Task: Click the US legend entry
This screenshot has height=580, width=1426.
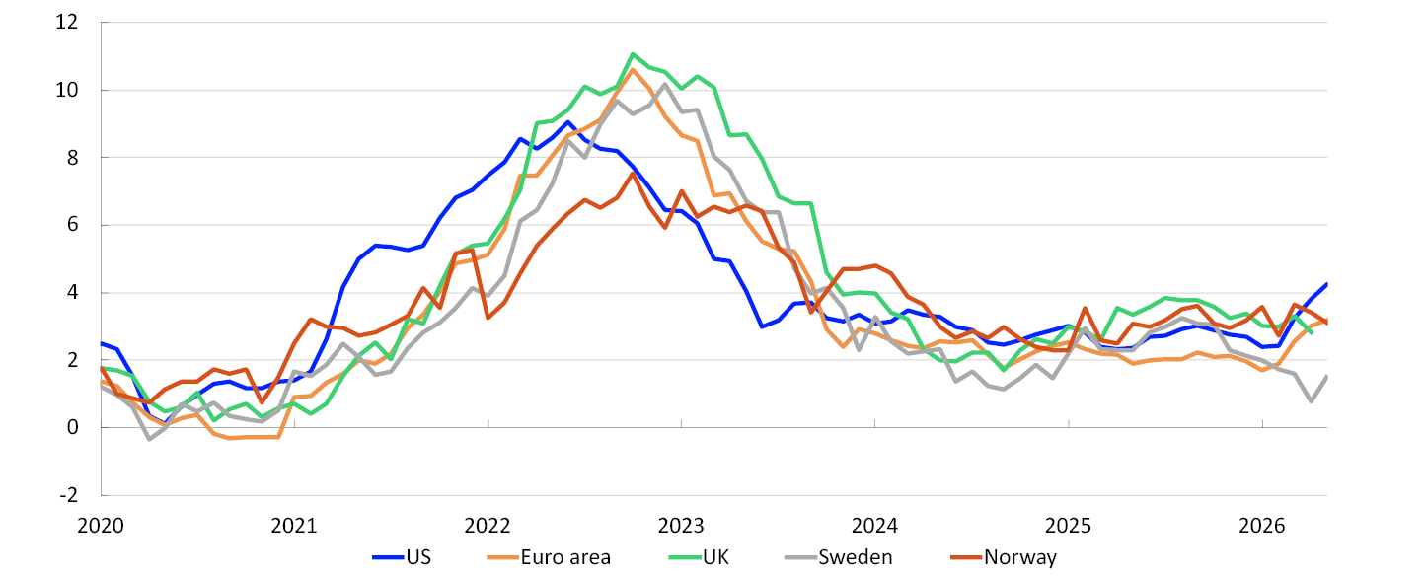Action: tap(402, 557)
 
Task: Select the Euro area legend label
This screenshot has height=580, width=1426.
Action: tap(549, 557)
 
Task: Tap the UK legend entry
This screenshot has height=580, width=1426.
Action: tap(699, 557)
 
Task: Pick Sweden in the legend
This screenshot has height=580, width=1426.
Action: tap(839, 557)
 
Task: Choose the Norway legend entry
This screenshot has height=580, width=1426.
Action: tap(1004, 557)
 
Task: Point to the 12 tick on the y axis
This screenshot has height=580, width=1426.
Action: tap(67, 23)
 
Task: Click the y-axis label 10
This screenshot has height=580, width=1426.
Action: tap(67, 90)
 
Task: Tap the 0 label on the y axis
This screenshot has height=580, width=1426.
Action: tap(73, 427)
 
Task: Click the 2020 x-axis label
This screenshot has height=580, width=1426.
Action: tap(101, 526)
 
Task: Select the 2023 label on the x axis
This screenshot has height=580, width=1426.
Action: tap(681, 526)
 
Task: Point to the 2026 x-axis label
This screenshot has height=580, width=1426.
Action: tap(1262, 526)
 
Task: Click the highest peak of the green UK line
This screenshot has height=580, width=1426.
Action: tap(633, 54)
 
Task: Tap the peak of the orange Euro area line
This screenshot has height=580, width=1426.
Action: tap(633, 69)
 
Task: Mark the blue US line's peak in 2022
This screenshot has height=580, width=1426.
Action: tap(567, 122)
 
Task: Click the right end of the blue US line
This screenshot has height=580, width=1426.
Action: tap(1326, 284)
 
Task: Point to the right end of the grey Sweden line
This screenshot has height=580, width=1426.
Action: tap(1326, 376)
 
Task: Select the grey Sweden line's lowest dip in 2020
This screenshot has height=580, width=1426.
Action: tap(149, 440)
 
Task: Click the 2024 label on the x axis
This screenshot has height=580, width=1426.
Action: tap(874, 526)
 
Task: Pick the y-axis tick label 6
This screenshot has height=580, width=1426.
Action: tap(73, 225)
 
